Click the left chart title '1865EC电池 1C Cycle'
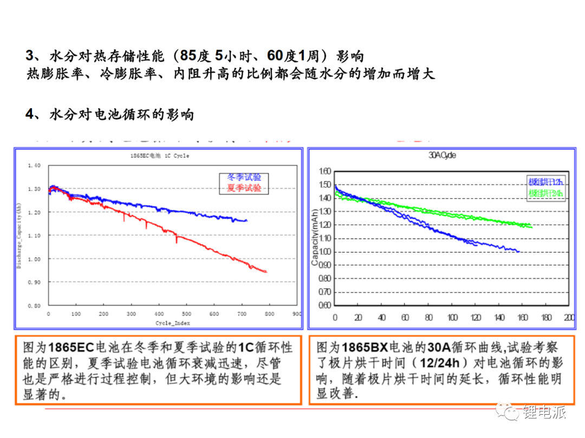pyautogui.click(x=160, y=156)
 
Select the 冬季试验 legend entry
pyautogui.click(x=244, y=178)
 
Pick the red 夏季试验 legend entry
pyautogui.click(x=244, y=188)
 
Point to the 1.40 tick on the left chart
pyautogui.click(x=34, y=165)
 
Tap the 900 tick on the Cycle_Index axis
pyautogui.click(x=296, y=314)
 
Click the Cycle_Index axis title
pyautogui.click(x=173, y=323)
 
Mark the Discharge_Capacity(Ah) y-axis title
pyautogui.click(x=19, y=235)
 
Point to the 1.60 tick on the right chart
pyautogui.click(x=324, y=171)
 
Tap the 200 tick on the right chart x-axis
pyautogui.click(x=568, y=317)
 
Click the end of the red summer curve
pyautogui.click(x=266, y=271)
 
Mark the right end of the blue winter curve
pyautogui.click(x=246, y=221)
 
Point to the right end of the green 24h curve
pyautogui.click(x=531, y=227)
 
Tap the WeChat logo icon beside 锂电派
pyautogui.click(x=510, y=414)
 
